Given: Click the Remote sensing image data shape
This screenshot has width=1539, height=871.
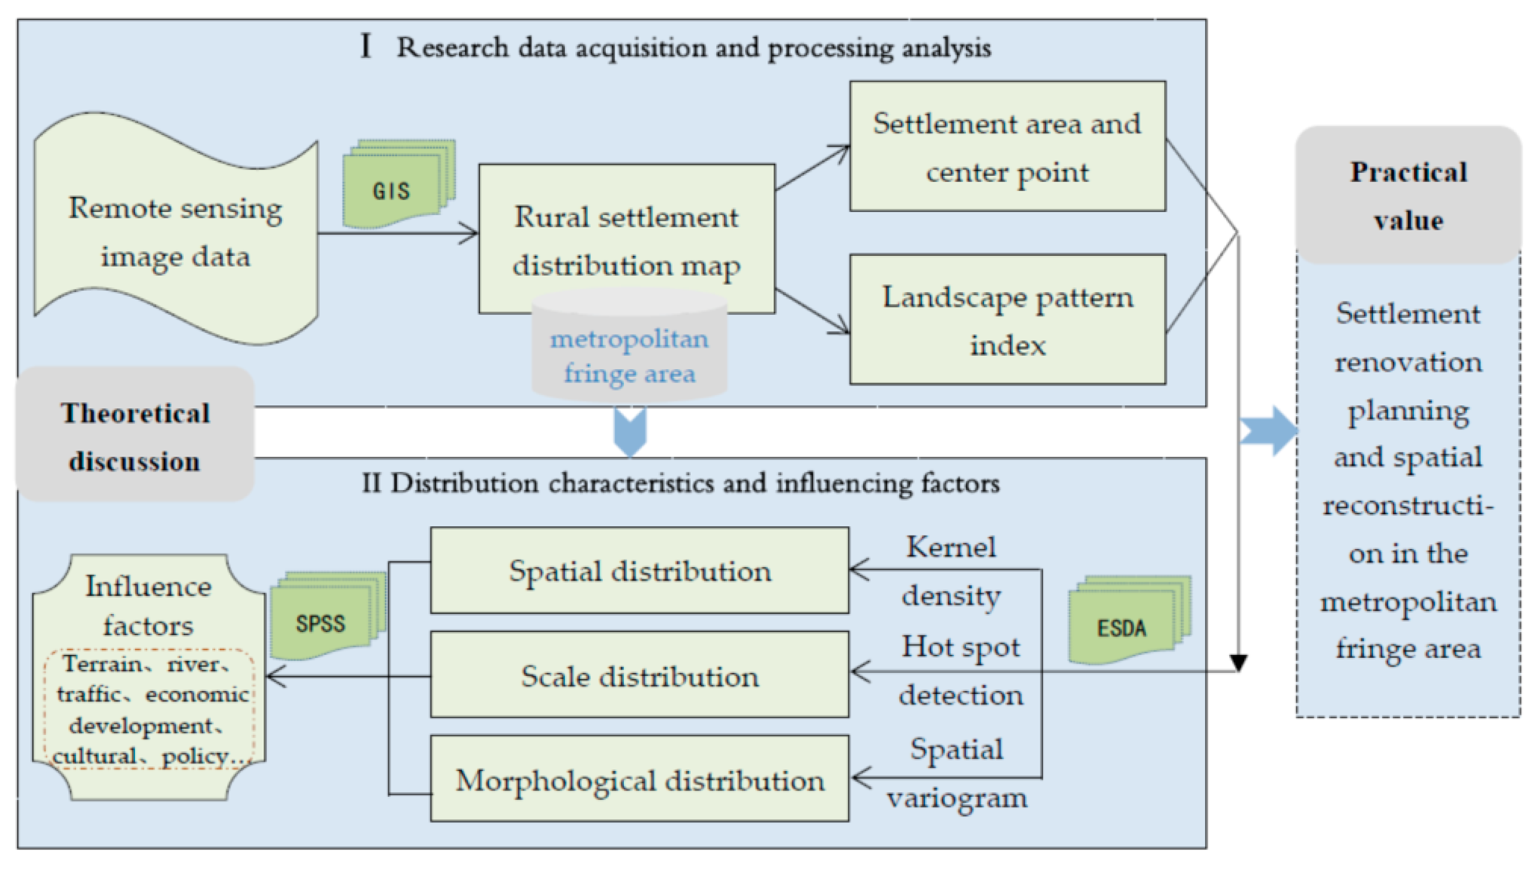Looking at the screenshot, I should [x=175, y=231].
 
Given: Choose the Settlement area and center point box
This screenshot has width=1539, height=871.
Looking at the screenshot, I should [x=1007, y=147].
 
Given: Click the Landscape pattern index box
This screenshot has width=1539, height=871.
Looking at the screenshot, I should [x=1007, y=320].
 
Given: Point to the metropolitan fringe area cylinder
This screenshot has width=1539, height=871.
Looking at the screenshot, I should [x=629, y=353].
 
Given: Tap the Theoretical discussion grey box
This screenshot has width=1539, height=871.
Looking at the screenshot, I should [x=135, y=436].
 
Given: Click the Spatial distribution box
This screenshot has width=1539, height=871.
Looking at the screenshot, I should [x=639, y=571].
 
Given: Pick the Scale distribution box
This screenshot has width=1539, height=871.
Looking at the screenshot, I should [x=639, y=676].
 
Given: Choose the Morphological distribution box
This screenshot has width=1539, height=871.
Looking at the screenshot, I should [x=639, y=780].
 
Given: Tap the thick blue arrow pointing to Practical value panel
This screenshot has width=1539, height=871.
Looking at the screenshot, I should [x=1269, y=431].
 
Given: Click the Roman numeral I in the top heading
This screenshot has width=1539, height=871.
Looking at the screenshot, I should [x=365, y=46].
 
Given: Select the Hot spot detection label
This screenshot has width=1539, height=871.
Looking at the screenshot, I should [x=960, y=671].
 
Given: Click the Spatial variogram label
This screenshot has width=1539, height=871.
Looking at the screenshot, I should [x=957, y=773].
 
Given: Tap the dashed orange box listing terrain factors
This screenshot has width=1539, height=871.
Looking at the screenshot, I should [x=150, y=709].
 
